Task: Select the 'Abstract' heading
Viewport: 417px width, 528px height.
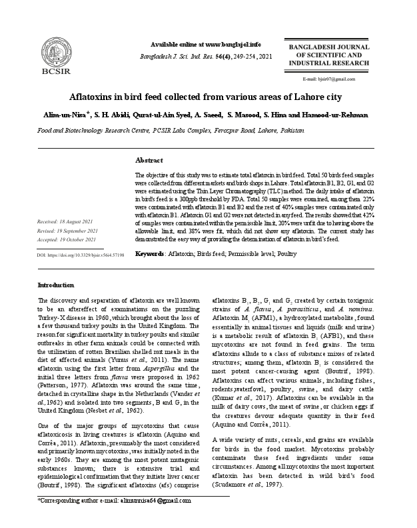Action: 149,161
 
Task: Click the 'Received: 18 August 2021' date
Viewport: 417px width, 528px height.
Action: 65,220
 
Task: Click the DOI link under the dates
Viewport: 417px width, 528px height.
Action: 81,255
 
